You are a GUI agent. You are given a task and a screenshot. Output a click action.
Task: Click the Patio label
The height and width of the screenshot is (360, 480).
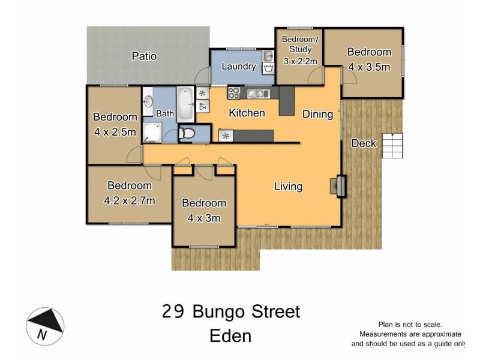144,56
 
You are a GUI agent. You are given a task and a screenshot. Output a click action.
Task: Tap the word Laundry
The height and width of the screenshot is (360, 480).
238,67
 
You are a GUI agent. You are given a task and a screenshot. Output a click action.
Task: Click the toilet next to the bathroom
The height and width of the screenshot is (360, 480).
186,133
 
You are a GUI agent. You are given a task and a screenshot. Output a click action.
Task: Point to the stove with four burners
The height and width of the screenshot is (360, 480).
234,93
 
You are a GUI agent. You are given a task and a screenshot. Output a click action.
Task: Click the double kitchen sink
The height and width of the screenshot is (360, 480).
257,93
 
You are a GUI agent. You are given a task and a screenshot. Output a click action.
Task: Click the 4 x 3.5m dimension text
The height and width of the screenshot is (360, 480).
369,67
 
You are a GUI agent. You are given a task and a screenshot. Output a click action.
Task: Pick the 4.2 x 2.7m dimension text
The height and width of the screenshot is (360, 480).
130,200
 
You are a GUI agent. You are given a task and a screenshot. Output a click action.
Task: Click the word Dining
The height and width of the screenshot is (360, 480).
317,114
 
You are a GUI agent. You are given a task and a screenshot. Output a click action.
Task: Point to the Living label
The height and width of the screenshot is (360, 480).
288,187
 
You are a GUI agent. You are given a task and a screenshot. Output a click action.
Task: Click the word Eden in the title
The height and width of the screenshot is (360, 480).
230,336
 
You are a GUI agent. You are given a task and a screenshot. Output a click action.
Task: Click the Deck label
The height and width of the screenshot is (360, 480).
364,143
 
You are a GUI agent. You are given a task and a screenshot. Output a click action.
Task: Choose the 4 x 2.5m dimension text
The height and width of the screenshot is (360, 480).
115,131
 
